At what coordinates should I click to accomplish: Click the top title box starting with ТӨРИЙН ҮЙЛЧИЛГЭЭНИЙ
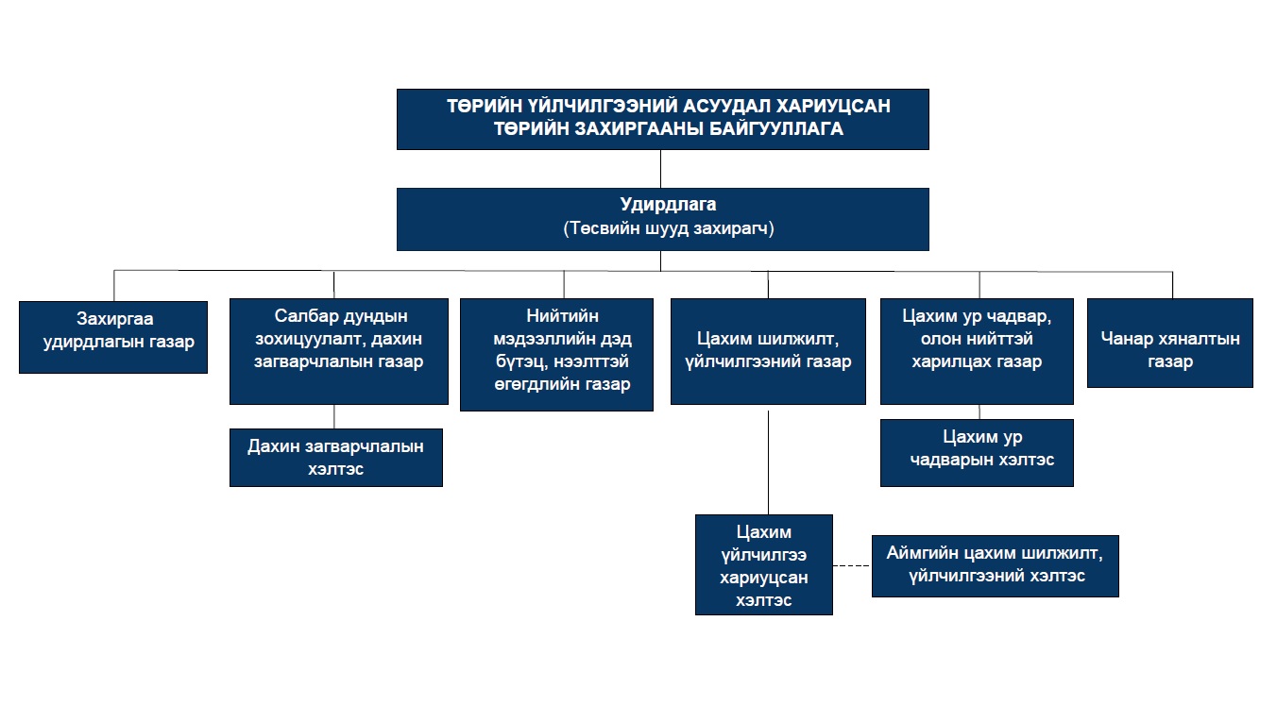pos(662,119)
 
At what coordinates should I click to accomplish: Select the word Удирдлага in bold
pos(669,205)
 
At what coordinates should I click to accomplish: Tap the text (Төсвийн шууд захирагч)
pos(669,228)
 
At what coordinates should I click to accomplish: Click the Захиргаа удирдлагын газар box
pos(113,337)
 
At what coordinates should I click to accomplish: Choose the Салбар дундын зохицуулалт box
pos(338,351)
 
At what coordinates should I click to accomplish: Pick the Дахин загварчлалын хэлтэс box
pos(335,458)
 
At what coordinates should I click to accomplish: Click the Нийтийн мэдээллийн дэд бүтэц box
pos(556,355)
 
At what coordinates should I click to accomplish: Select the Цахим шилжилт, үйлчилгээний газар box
pos(768,351)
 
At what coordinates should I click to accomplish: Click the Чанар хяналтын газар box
pos(1169,343)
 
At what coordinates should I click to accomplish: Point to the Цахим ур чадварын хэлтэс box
pos(977,453)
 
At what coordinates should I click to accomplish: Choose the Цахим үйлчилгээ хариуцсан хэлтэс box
pos(763,564)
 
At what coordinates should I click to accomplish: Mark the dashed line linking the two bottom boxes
pos(852,565)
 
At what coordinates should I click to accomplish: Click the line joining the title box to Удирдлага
pos(660,169)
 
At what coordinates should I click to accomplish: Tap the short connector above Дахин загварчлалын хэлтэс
pos(334,416)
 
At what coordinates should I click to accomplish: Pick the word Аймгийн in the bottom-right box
pos(923,552)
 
